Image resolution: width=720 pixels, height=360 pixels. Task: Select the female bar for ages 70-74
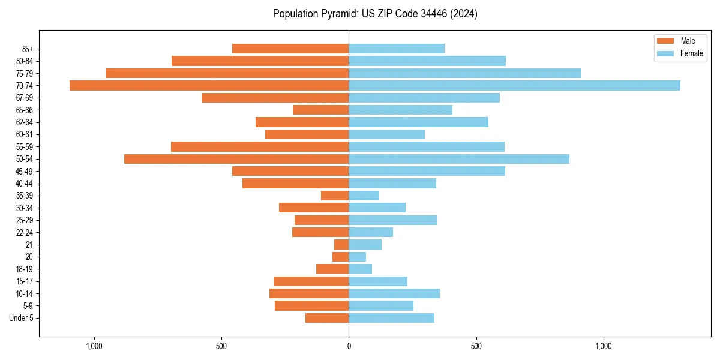(514, 85)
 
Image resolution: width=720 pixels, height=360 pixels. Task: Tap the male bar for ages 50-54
(236, 159)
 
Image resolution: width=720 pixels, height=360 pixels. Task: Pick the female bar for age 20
(358, 257)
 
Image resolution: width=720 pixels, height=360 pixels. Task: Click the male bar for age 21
(341, 245)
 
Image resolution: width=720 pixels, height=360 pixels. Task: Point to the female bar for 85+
(397, 49)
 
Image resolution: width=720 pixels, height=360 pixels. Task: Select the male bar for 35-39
(335, 196)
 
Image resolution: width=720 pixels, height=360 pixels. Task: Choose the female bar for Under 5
(391, 318)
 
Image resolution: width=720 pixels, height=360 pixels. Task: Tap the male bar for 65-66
(320, 110)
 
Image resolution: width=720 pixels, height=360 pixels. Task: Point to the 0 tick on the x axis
(349, 346)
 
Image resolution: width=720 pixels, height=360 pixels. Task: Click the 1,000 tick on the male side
(94, 346)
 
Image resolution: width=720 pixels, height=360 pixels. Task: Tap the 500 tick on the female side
(476, 346)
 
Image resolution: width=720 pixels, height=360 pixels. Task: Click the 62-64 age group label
(25, 122)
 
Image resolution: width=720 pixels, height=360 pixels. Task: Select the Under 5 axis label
(21, 318)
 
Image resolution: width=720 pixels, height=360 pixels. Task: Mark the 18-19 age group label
(25, 269)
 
